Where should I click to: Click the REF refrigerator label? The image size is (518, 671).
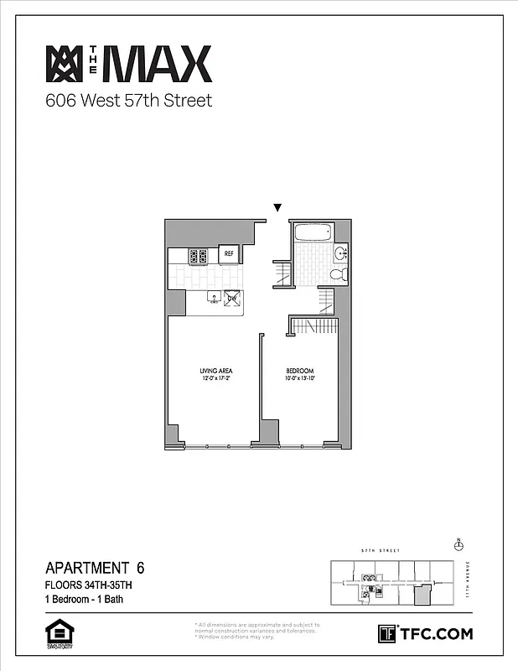228,253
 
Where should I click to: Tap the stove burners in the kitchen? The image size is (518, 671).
199,257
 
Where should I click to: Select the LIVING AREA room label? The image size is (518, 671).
215,371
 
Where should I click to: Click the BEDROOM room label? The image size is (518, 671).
299,371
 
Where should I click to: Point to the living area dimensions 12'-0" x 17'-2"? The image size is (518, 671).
215,379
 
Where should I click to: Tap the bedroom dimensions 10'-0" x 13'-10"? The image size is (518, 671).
299,379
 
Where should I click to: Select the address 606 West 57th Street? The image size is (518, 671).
128,101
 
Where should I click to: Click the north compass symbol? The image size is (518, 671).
458,545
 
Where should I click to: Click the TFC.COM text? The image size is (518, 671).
435,634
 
